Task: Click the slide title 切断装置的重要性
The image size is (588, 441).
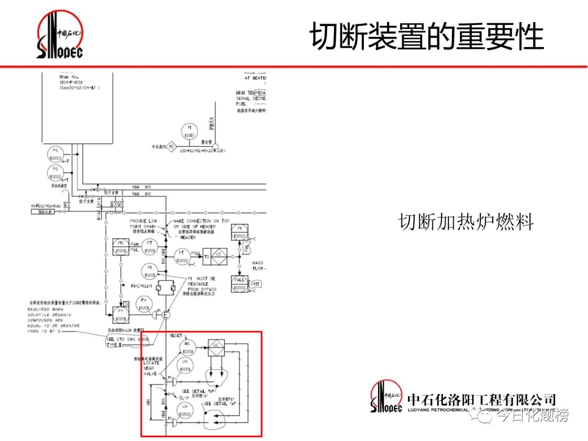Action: click(x=427, y=36)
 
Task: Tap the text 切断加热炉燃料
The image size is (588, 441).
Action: click(x=466, y=222)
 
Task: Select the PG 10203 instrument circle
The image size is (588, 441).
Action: click(x=56, y=154)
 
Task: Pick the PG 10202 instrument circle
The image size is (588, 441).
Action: click(x=56, y=173)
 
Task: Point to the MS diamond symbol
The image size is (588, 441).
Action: click(x=171, y=147)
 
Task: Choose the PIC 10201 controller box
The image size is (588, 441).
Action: click(x=121, y=247)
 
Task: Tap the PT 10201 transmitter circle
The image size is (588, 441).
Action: click(x=150, y=247)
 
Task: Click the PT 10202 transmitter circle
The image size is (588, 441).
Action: click(x=182, y=257)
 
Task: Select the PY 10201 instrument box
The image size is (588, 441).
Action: click(x=121, y=315)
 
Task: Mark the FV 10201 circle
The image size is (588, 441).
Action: click(x=144, y=304)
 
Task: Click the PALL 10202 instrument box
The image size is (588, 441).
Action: click(x=239, y=284)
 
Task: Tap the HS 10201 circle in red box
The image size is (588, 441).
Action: click(x=187, y=348)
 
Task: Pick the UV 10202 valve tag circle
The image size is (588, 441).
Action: click(x=185, y=410)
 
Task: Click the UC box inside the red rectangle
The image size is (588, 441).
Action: click(x=215, y=345)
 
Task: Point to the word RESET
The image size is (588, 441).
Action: click(x=176, y=336)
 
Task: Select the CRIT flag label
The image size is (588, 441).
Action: click(x=255, y=284)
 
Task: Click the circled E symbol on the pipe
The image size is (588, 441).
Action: click(x=166, y=315)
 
